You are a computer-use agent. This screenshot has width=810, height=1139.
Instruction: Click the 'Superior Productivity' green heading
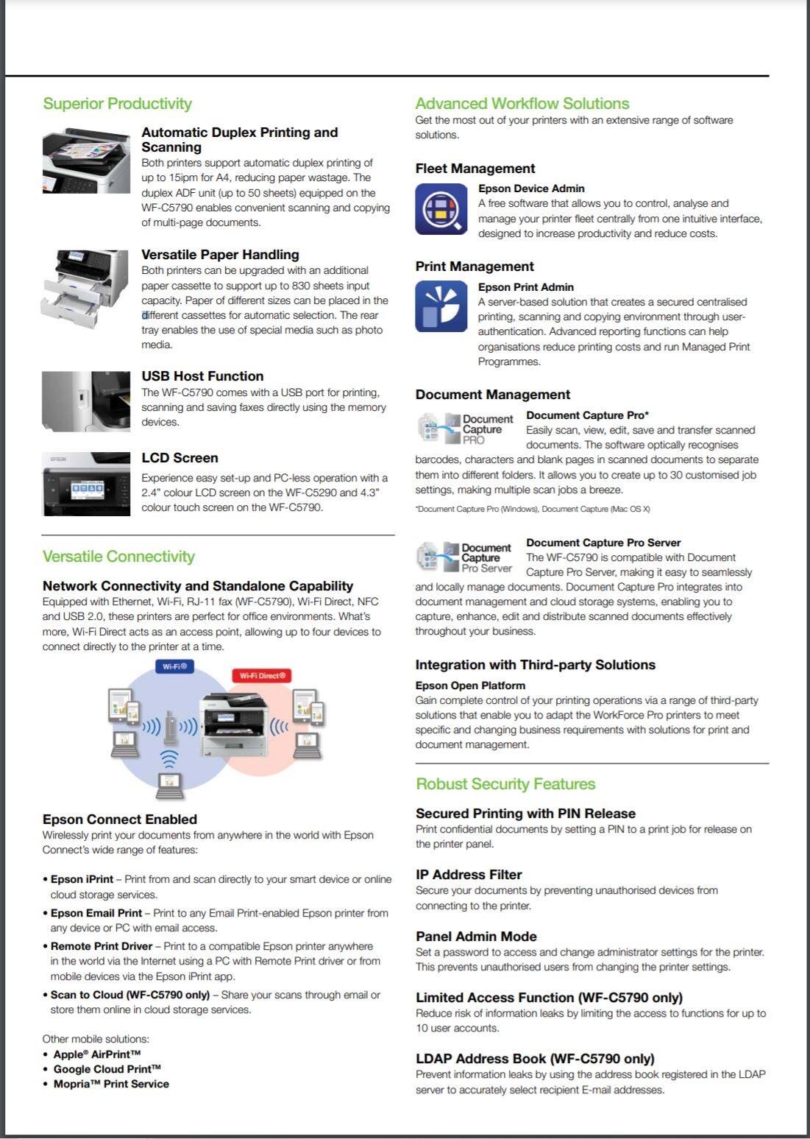click(x=117, y=104)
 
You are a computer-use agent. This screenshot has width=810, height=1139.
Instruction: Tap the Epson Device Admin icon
click(x=441, y=209)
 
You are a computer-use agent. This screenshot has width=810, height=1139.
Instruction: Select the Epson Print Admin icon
click(x=441, y=306)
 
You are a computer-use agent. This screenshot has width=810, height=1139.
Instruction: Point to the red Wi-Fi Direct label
click(x=262, y=675)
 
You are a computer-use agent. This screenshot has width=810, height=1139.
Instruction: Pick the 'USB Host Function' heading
click(x=202, y=376)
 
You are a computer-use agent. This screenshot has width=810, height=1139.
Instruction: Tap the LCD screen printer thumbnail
click(x=86, y=484)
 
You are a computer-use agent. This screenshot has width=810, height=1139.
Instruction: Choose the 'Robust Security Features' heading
click(x=505, y=784)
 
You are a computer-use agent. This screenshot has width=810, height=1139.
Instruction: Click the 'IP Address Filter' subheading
click(x=469, y=875)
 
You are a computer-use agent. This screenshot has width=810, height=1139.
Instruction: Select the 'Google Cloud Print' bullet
click(x=107, y=1069)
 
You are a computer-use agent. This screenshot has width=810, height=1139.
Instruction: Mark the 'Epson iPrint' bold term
click(x=82, y=879)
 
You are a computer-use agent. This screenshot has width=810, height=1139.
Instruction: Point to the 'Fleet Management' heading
click(x=475, y=169)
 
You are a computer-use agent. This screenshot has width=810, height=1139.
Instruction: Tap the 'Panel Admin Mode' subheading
click(x=476, y=937)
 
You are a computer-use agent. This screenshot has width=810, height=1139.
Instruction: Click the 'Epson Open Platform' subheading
click(x=470, y=685)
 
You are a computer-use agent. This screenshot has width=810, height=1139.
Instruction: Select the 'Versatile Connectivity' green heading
click(x=118, y=557)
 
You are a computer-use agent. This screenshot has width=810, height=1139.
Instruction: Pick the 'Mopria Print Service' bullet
click(x=111, y=1084)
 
